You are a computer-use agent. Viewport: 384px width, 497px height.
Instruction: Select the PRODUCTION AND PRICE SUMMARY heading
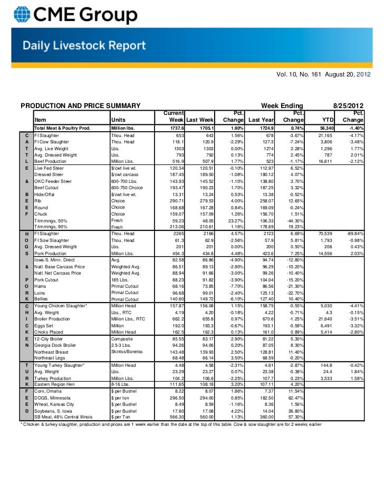[x=72, y=105]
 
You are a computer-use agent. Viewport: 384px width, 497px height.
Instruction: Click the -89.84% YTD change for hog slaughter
[x=351, y=233]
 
